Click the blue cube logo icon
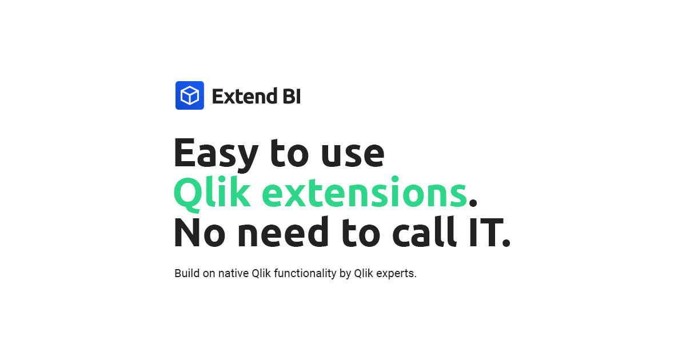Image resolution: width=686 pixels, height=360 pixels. pyautogui.click(x=190, y=95)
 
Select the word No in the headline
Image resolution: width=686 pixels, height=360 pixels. pyautogui.click(x=200, y=233)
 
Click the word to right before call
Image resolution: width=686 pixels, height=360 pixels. pyautogui.click(x=361, y=233)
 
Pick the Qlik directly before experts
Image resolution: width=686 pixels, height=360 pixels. pyautogui.click(x=364, y=273)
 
